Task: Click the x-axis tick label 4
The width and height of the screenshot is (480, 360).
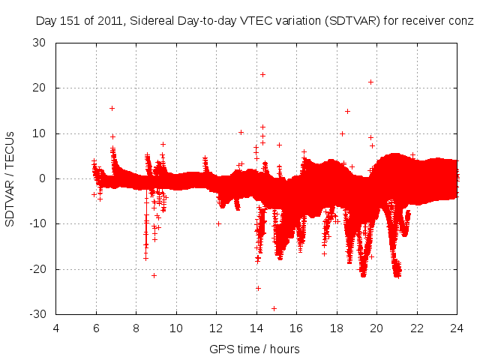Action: click(x=56, y=328)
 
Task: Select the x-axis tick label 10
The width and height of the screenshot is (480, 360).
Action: click(x=176, y=328)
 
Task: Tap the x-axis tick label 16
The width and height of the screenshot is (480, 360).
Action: click(x=296, y=328)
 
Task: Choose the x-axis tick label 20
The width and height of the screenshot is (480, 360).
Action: click(x=376, y=328)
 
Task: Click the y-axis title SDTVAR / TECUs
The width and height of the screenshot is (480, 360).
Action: click(x=10, y=178)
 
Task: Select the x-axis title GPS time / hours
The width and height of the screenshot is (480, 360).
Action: click(x=255, y=349)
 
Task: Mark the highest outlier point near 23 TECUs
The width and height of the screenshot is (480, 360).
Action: click(x=262, y=74)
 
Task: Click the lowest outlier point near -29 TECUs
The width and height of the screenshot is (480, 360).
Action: click(x=274, y=308)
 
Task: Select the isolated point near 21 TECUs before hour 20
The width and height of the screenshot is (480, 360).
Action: click(x=370, y=82)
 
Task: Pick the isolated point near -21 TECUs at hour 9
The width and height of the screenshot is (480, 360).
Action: click(x=154, y=275)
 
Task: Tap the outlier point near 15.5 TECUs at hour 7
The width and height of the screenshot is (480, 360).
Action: click(x=112, y=108)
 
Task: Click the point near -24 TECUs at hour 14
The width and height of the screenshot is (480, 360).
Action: click(x=258, y=288)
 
